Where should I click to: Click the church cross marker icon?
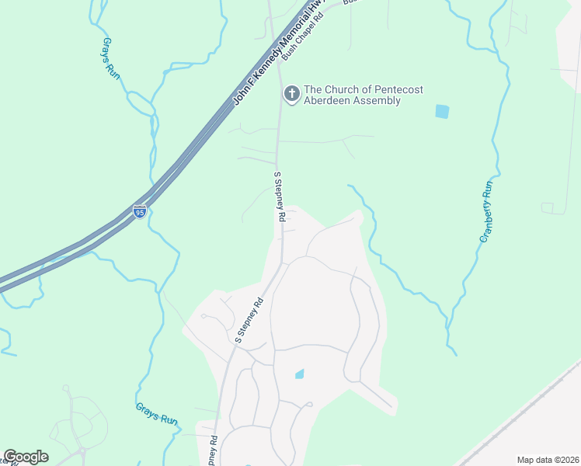(x=292, y=94)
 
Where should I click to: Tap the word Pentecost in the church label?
(x=396, y=89)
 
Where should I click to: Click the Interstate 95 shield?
(x=139, y=211)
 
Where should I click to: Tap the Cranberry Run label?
(x=486, y=211)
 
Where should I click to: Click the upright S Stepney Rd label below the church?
(x=276, y=198)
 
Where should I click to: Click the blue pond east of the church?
(x=442, y=111)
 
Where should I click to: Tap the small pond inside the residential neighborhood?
(x=300, y=374)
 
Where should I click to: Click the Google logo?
(x=26, y=457)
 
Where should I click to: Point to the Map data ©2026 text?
(x=548, y=460)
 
